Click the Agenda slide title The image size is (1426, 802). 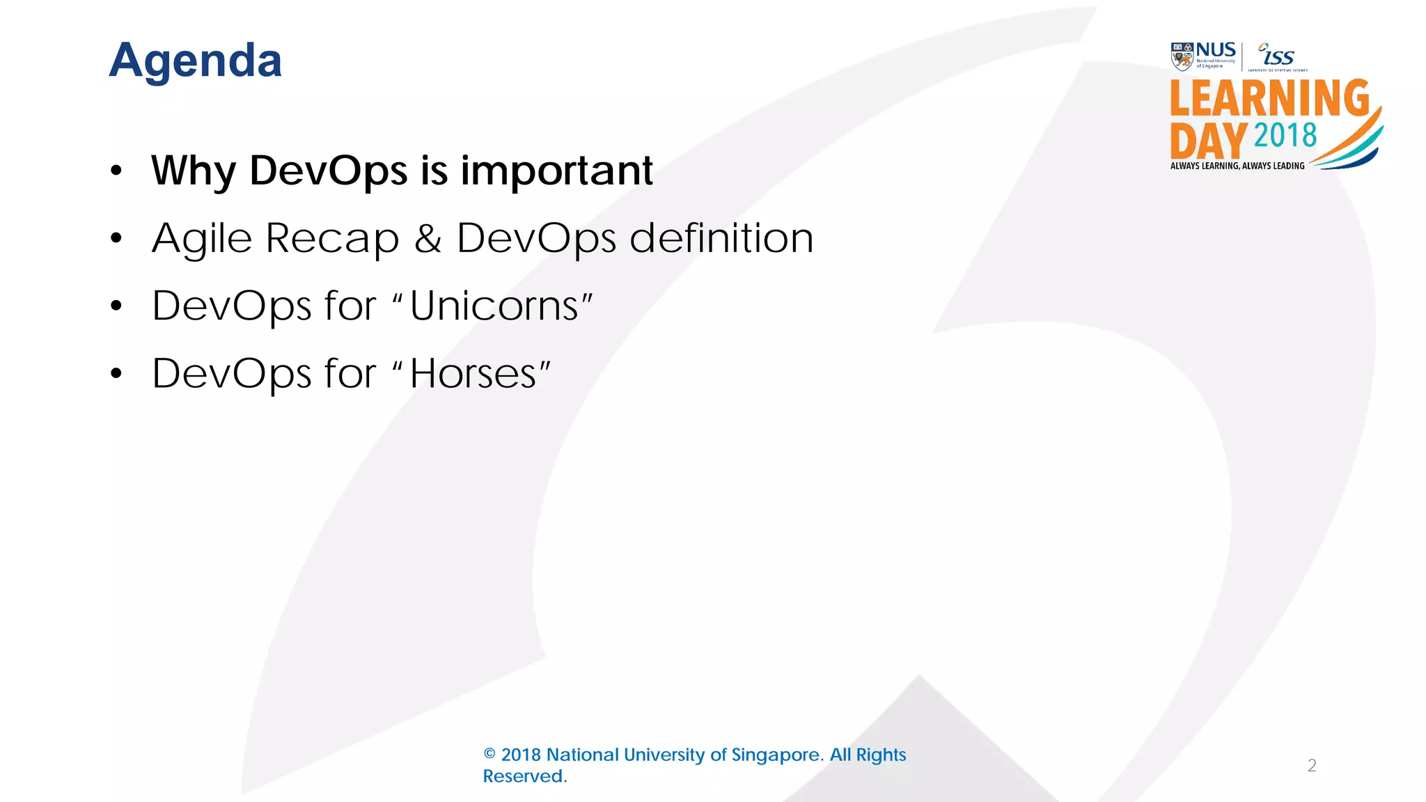[x=196, y=61]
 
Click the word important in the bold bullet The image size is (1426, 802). [x=556, y=171]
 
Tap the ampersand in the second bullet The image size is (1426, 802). [x=428, y=238]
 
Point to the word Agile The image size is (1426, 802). [x=201, y=239]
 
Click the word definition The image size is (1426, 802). [x=721, y=238]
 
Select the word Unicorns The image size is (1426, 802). [x=494, y=306]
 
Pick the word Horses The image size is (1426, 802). [x=473, y=374]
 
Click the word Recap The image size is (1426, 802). [x=332, y=239]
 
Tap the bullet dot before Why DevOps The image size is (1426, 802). [x=116, y=171]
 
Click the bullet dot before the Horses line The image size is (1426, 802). [x=116, y=374]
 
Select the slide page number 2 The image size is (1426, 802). [x=1312, y=766]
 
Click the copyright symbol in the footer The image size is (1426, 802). [x=489, y=755]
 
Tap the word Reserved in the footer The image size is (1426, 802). [x=524, y=776]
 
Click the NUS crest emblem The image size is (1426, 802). [x=1182, y=56]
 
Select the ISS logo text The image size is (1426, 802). [x=1278, y=56]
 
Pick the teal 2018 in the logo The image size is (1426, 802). [x=1285, y=135]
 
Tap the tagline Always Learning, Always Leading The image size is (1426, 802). [x=1237, y=166]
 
